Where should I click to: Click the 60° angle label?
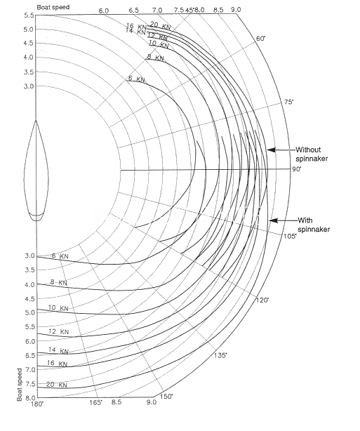261,38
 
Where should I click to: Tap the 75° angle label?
288,102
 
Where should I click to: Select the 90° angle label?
297,169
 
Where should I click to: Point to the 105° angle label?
291,236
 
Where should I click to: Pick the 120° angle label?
262,300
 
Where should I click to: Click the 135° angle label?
220,355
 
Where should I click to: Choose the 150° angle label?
166,397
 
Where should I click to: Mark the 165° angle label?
96,403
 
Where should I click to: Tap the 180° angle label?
37,404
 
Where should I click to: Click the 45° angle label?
189,10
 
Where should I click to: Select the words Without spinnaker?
312,154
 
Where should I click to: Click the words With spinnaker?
314,225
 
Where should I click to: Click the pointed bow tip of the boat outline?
36,121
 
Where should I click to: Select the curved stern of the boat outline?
36,218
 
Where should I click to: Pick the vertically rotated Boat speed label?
20,385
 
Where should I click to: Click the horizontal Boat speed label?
53,7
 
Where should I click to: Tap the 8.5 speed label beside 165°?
116,402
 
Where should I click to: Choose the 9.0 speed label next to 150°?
151,402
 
